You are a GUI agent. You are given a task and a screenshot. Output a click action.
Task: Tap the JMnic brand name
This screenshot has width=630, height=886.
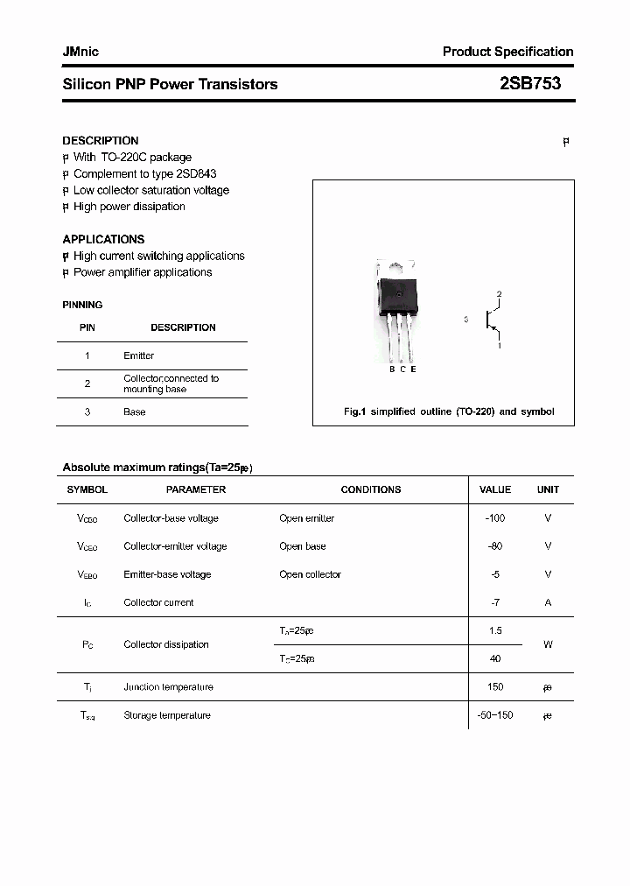[80, 52]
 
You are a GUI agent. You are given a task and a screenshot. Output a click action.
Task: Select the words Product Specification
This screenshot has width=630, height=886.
[507, 52]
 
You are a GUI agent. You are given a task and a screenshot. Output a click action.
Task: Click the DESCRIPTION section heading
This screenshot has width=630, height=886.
[101, 140]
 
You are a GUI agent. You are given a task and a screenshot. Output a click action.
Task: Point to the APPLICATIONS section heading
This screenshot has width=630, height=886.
[103, 239]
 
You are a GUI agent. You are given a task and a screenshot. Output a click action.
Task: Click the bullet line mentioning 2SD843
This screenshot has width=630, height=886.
[144, 173]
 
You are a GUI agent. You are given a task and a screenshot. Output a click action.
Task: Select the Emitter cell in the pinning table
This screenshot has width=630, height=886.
[139, 355]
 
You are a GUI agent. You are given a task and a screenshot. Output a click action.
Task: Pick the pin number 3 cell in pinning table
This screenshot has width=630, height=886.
[87, 411]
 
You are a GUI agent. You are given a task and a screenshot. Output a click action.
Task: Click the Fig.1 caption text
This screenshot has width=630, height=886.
[449, 411]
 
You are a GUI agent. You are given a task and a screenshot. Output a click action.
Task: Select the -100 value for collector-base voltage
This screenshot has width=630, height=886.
[495, 518]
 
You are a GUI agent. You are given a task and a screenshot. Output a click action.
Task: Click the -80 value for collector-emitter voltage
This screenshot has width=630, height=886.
[495, 546]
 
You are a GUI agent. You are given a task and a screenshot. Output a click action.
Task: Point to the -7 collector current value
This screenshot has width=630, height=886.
[495, 602]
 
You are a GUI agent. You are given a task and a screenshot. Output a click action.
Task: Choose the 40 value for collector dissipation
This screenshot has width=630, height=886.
[495, 658]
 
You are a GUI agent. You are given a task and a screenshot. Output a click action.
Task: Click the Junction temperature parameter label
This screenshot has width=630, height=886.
[168, 687]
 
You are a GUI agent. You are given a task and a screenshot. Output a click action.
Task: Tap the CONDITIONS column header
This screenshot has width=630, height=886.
[371, 489]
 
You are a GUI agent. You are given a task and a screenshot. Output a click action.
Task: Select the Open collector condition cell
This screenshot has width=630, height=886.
[310, 574]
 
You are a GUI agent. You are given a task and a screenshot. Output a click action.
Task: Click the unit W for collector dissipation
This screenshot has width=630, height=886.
[548, 644]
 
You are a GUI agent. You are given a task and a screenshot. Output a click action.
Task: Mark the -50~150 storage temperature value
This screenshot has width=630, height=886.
[495, 715]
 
